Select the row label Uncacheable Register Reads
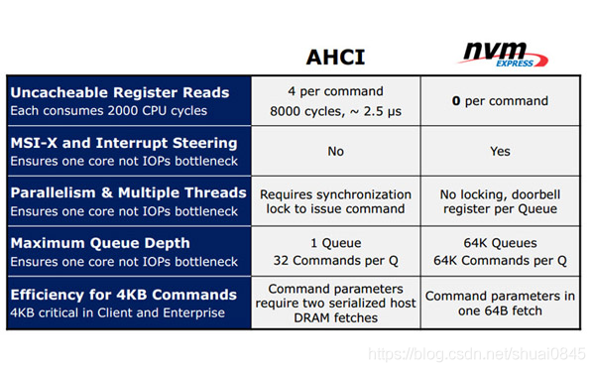pyautogui.click(x=119, y=92)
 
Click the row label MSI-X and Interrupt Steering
pyautogui.click(x=124, y=143)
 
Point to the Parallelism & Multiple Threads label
pyautogui.click(x=128, y=191)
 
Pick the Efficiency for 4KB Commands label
pyautogui.click(x=124, y=294)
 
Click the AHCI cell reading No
pyautogui.click(x=334, y=152)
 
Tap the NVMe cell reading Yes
pyautogui.click(x=501, y=152)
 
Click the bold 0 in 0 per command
pyautogui.click(x=456, y=101)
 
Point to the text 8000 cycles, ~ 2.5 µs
pyautogui.click(x=334, y=110)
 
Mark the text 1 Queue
pyautogui.click(x=334, y=242)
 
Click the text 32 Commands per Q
pyautogui.click(x=334, y=262)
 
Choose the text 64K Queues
pyautogui.click(x=501, y=242)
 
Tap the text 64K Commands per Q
pyautogui.click(x=501, y=262)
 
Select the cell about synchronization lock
pyautogui.click(x=334, y=200)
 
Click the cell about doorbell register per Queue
pyautogui.click(x=501, y=200)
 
